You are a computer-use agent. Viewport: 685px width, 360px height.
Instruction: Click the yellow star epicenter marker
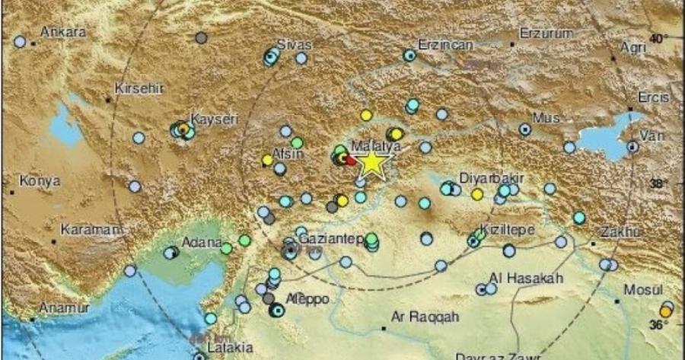pyautogui.click(x=371, y=164)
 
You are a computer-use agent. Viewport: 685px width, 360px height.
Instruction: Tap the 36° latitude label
pyautogui.click(x=659, y=325)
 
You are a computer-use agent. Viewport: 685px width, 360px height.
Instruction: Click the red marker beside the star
pyautogui.click(x=349, y=160)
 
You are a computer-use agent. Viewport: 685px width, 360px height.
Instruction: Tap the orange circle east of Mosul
pyautogui.click(x=666, y=311)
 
